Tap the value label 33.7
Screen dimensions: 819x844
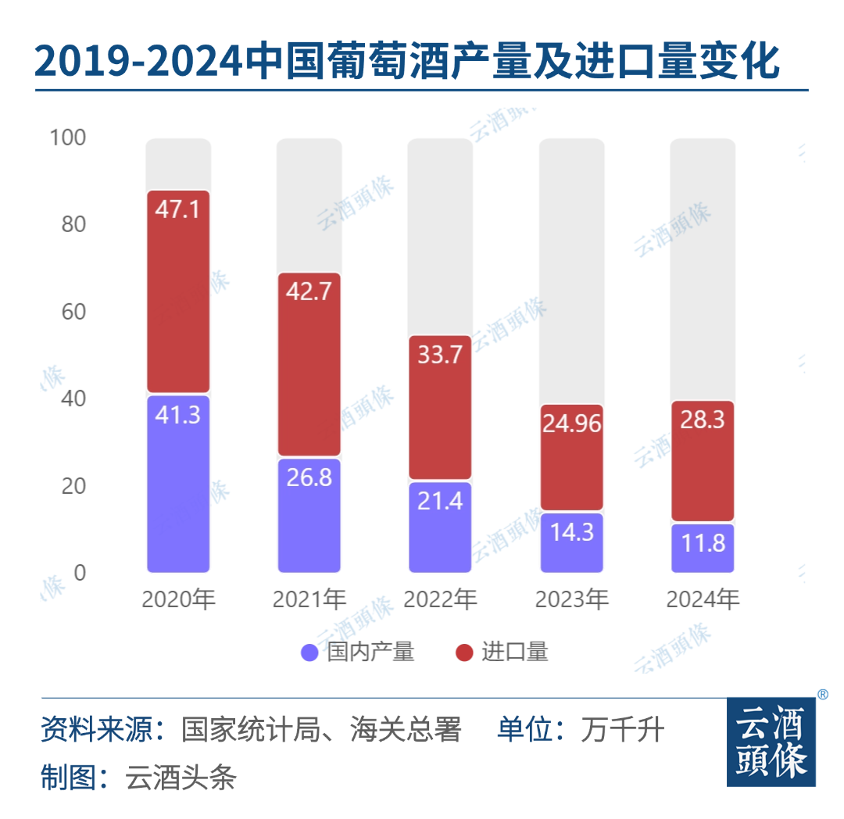440,355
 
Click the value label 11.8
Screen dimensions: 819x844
702,542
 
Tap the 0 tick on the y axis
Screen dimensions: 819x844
79,573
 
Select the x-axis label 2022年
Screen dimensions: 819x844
440,600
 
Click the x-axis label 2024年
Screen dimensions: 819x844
702,600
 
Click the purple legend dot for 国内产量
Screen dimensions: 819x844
309,653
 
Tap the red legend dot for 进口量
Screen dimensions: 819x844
465,653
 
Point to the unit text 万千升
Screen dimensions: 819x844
622,730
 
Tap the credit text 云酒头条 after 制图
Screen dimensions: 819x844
181,778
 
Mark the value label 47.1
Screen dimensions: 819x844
178,211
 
